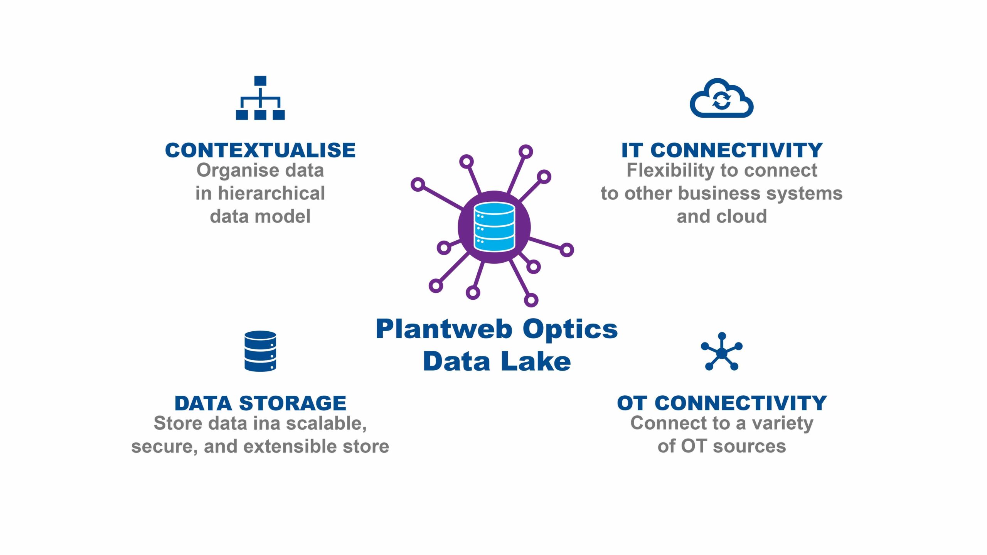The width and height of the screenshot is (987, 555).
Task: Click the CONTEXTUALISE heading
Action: point(260,150)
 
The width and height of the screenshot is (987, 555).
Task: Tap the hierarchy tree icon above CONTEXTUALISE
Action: point(260,98)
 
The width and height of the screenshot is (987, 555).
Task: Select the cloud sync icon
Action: point(721,99)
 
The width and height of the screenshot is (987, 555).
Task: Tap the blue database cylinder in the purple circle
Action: point(494,227)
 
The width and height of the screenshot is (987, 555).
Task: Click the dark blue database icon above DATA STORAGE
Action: point(260,351)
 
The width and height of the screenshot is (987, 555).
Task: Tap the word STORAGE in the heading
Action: point(293,403)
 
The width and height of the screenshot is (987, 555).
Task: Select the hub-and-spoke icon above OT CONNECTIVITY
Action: point(721,352)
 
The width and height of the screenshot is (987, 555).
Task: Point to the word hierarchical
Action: point(271,193)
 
